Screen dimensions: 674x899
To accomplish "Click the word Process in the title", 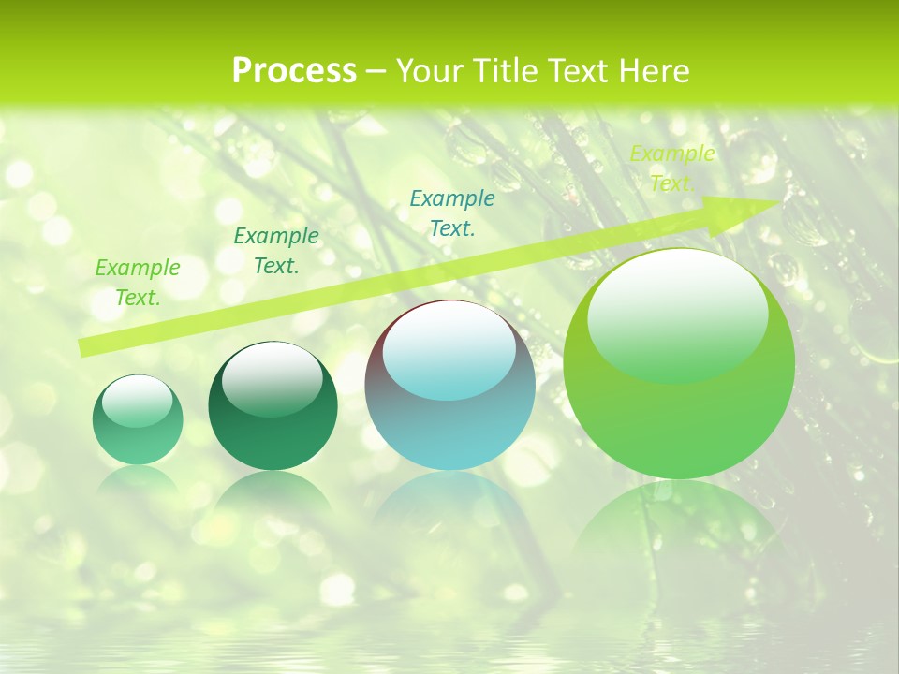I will pyautogui.click(x=294, y=71).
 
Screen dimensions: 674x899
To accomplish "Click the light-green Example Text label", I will pyautogui.click(x=138, y=282).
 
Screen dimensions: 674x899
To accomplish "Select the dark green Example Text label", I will pyautogui.click(x=276, y=250).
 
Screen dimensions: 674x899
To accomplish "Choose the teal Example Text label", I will pyautogui.click(x=452, y=212).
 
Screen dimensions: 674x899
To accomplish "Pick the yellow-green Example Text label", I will pyautogui.click(x=672, y=168).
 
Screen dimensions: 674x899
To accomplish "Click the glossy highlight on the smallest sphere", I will pyautogui.click(x=137, y=402).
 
